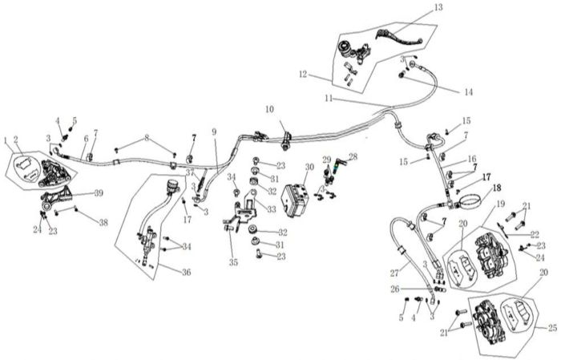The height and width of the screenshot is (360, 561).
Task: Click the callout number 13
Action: pos(438,8)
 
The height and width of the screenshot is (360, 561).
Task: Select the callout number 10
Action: pos(269,110)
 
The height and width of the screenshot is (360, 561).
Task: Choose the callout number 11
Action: pos(329,98)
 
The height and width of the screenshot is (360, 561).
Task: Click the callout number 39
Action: pos(99,194)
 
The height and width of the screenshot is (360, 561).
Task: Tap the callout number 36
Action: pos(186,272)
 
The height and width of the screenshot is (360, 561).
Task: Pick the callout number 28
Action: pos(353,156)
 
